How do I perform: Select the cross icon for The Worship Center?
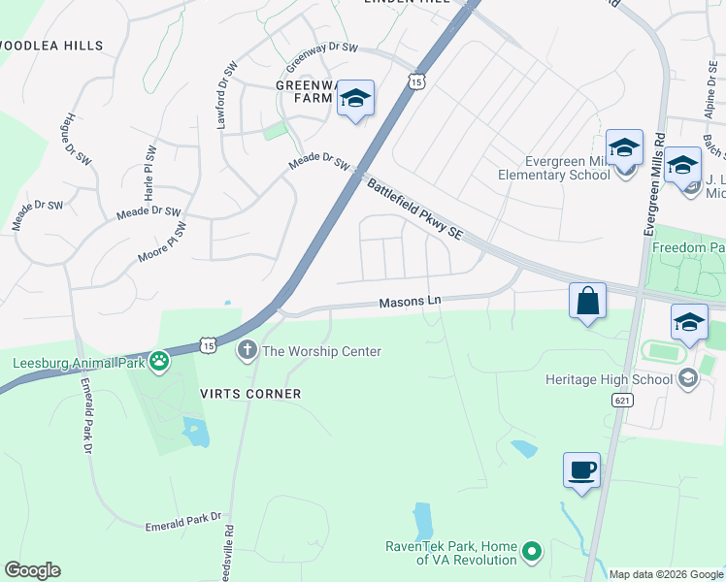[247, 350]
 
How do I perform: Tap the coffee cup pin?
[581, 470]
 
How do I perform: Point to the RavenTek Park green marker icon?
[532, 553]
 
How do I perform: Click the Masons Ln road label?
[410, 302]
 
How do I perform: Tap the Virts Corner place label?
[251, 394]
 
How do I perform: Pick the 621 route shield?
[622, 400]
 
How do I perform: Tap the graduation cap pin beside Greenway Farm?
[356, 98]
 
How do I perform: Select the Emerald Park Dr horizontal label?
[183, 523]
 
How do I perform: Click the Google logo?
[33, 569]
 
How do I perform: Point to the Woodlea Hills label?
[66, 46]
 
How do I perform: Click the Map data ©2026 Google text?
[665, 573]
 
